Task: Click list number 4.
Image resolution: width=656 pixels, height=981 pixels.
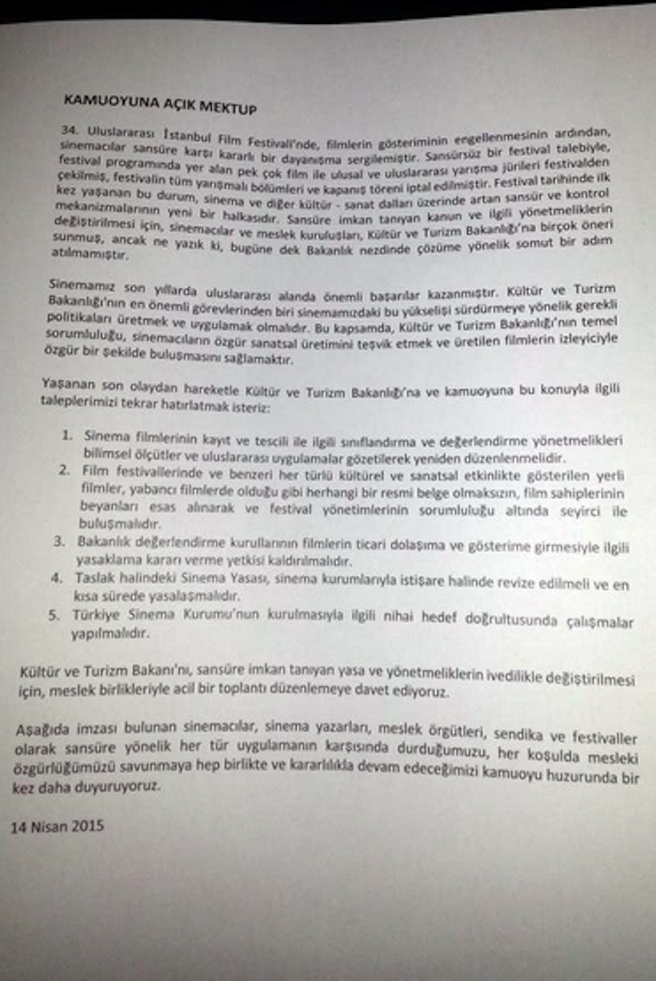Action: tap(66, 576)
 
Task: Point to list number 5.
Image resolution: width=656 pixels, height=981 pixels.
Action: tap(66, 611)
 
